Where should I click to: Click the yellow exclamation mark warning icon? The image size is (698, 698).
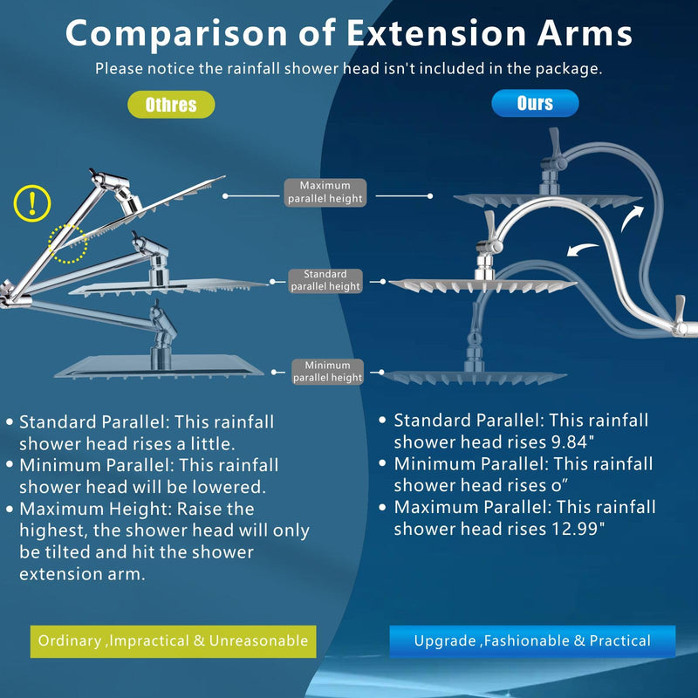32,203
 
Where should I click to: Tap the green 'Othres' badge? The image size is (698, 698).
171,105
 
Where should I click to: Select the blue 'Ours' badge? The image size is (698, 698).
535,103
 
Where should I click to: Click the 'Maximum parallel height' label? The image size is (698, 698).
325,192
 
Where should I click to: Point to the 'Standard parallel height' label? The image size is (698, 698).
325,280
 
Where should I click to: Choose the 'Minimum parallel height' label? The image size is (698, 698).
328,372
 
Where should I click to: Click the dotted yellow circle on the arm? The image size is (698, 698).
68,244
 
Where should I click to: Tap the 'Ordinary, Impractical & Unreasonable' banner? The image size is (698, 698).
173,641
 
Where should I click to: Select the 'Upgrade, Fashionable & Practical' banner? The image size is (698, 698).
532,641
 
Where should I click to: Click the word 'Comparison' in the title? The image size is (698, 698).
177,34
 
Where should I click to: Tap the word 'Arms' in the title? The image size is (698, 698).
585,33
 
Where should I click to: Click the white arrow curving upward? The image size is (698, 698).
632,218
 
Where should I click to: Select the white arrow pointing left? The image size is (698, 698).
583,250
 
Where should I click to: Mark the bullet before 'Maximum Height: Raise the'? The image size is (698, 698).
10,509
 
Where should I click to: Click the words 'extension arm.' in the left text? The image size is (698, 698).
82,574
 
